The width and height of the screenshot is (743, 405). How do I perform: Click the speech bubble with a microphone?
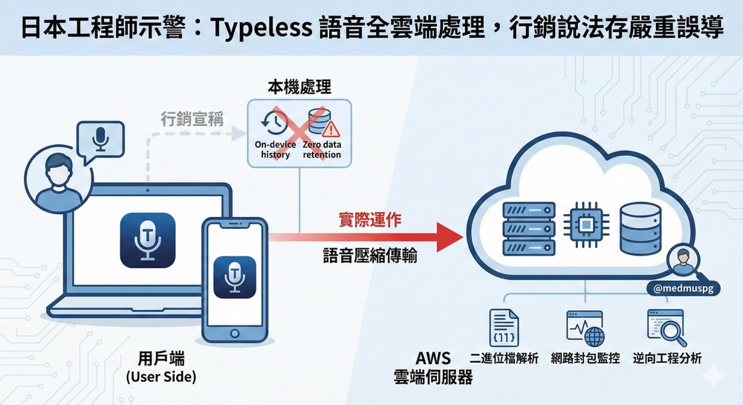100,140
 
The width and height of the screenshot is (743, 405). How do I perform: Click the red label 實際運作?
369,219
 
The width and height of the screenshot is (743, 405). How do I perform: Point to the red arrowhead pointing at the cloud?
446,238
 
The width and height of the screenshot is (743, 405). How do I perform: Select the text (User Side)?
161,377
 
